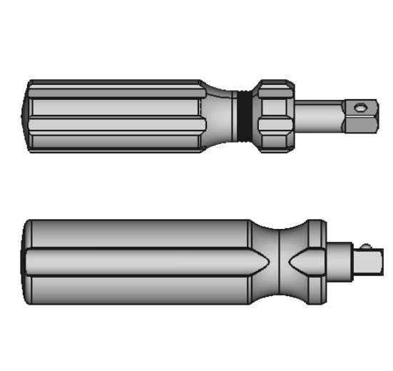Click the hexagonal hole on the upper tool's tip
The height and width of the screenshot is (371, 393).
point(362,108)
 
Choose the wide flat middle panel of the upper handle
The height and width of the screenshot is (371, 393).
point(114,108)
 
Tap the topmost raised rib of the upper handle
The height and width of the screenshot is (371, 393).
point(114,85)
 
